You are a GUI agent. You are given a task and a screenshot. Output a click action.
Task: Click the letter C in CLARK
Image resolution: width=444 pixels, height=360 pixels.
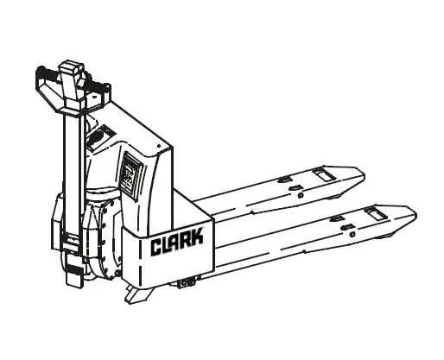pos(156,247)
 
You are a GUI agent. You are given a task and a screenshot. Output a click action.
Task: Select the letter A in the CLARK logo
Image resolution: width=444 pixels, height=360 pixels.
pos(175,242)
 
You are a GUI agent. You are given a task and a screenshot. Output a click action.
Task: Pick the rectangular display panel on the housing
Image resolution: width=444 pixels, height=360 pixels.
pos(131,176)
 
